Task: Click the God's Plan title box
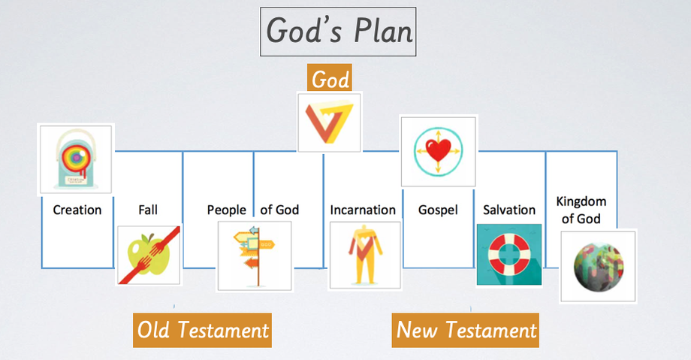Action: point(338,32)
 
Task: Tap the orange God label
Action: point(330,78)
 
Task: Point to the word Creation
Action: point(77,210)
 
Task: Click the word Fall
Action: point(148,210)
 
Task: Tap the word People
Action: point(227,210)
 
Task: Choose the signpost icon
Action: point(255,256)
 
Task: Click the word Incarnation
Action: point(363,210)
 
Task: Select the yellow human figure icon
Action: point(364,255)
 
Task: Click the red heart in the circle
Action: point(439,150)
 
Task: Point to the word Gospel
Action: point(438,210)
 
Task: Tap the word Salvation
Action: point(509,210)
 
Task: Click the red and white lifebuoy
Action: point(509,255)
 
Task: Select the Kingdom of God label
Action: point(581,210)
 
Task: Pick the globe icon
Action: point(598,267)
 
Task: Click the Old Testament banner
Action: point(202,330)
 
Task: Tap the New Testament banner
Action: point(466,330)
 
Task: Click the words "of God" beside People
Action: point(279,210)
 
